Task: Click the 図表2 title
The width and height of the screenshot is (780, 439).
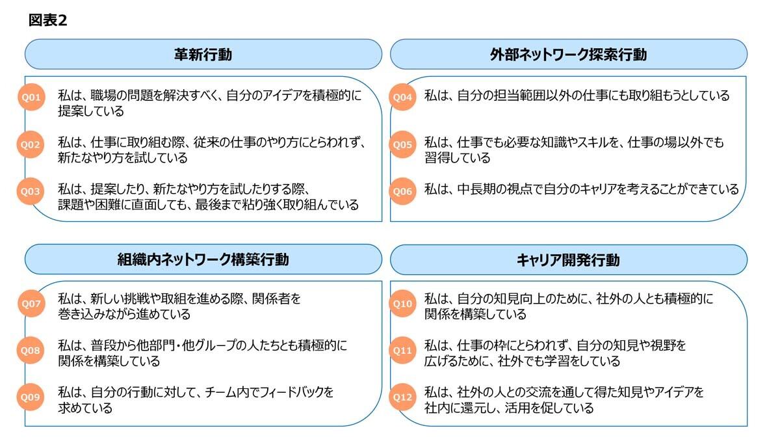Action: [x=47, y=20]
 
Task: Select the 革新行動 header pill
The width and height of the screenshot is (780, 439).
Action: [x=203, y=54]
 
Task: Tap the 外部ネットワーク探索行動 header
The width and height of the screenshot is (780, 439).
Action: [x=569, y=54]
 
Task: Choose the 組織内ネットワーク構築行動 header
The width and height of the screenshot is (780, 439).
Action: [x=203, y=259]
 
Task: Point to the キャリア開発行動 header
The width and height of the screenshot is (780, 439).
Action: [x=569, y=259]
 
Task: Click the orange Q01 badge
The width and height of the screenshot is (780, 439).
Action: [x=31, y=97]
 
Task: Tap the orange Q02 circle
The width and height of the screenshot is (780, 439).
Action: [x=31, y=144]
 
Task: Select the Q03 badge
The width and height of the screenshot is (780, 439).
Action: [x=31, y=191]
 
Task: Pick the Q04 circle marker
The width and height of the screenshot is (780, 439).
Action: [x=402, y=97]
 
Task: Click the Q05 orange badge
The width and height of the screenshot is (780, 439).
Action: [x=402, y=144]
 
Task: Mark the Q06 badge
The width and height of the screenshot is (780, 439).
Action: [x=402, y=191]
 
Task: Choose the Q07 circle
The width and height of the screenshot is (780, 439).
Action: [x=31, y=304]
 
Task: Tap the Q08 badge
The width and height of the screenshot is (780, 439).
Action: [x=31, y=350]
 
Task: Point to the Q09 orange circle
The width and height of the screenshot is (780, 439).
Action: [x=31, y=397]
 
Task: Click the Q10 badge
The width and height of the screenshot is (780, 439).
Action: [x=402, y=304]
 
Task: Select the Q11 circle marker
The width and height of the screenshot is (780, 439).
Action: [x=402, y=350]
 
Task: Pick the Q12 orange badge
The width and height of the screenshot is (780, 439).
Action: [x=402, y=397]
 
